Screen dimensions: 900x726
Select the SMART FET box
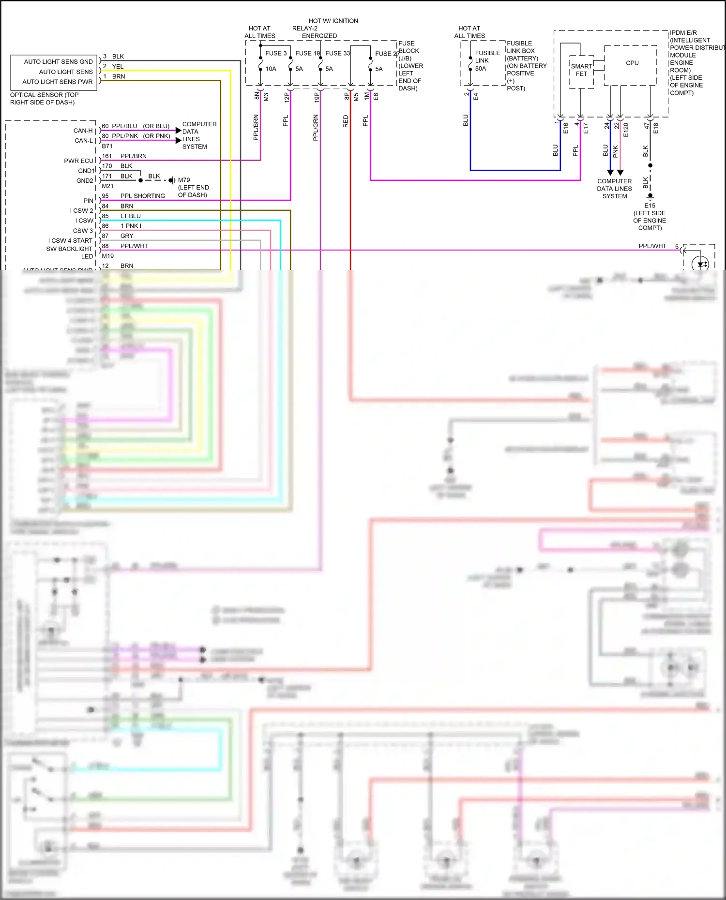coord(581,71)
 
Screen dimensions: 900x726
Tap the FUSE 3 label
coord(276,53)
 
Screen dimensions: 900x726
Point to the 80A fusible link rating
coord(481,69)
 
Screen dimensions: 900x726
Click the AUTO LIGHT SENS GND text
coord(58,62)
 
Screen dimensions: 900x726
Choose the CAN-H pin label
coord(83,131)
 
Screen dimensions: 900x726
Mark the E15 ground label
coord(650,206)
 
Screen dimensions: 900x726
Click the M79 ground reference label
coord(184,180)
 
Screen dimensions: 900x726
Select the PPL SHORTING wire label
coord(142,196)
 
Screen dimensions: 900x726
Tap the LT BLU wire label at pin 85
coord(131,216)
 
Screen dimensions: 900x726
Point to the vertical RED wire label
coord(346,121)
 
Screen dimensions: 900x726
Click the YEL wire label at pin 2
coord(118,67)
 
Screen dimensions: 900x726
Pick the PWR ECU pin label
coord(78,161)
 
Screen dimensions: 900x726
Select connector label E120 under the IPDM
coord(626,130)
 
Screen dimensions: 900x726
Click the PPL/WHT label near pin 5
coord(652,246)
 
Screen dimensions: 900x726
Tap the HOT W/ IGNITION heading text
coord(333,21)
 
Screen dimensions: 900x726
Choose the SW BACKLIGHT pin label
coord(69,249)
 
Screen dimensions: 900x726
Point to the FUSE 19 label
coord(307,53)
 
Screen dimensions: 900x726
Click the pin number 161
coord(107,156)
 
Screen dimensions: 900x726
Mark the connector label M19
coord(108,256)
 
